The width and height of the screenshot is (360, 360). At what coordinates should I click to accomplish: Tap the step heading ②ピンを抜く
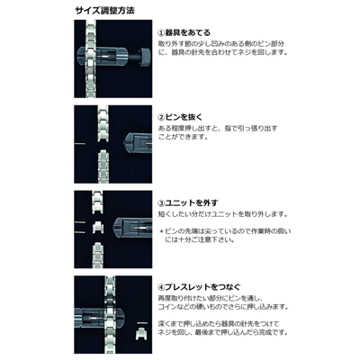coord(185,117)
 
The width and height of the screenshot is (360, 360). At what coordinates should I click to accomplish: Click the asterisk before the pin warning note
coord(161,230)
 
